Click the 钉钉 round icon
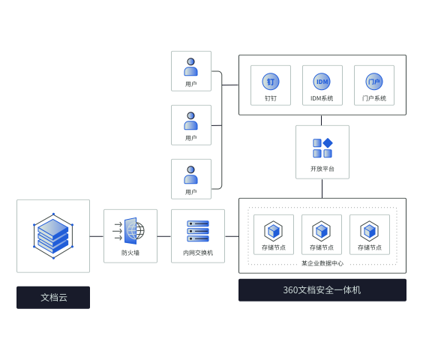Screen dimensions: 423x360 click(x=271, y=82)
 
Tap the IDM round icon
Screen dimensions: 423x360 click(x=322, y=82)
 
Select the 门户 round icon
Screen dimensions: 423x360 click(x=374, y=82)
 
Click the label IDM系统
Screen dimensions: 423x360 click(x=322, y=98)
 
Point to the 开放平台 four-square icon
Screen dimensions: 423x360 click(x=322, y=148)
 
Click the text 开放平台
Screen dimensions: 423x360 click(x=322, y=169)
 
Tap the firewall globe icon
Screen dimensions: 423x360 click(x=129, y=231)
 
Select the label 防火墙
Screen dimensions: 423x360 click(x=130, y=253)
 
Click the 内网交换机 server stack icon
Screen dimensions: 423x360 click(x=198, y=231)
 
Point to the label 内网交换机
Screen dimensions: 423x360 click(x=198, y=253)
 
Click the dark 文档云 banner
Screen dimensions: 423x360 click(x=53, y=298)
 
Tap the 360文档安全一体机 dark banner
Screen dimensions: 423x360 click(x=322, y=290)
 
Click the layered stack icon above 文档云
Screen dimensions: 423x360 click(x=53, y=236)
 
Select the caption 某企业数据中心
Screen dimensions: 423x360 click(x=322, y=263)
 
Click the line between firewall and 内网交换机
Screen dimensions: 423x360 click(x=164, y=236)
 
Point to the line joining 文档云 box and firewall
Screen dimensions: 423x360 click(x=97, y=236)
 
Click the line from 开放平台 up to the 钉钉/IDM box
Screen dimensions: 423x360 click(x=321, y=120)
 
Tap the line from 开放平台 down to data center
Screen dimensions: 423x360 click(x=322, y=188)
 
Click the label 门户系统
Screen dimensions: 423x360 click(x=374, y=98)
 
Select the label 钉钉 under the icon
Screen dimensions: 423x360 click(x=271, y=98)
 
